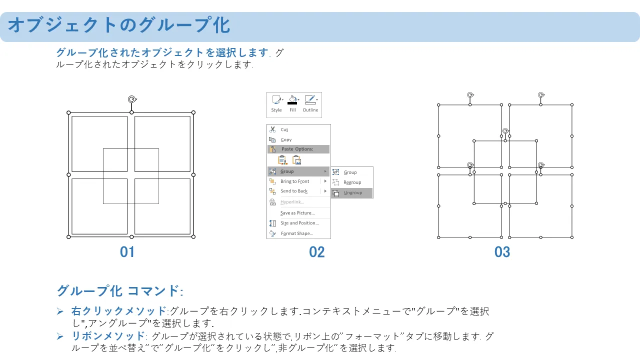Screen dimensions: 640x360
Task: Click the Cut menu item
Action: coord(284,129)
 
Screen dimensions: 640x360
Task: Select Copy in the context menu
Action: coord(286,139)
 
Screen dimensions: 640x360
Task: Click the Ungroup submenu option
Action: coord(352,193)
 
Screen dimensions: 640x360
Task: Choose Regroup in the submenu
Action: coord(352,182)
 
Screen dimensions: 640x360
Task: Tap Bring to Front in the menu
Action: coord(294,181)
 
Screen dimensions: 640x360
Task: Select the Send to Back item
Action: coord(293,191)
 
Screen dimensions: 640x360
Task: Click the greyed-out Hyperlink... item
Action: coord(292,202)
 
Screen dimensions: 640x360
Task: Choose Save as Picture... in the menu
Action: coord(297,213)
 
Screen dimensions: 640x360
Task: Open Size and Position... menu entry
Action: coord(299,223)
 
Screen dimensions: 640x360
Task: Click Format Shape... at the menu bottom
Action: coord(297,233)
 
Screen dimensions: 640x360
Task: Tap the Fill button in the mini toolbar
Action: coord(292,103)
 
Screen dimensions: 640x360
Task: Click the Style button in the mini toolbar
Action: coord(276,103)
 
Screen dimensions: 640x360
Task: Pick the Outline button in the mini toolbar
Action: coord(310,103)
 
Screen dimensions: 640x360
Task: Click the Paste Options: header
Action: coord(297,149)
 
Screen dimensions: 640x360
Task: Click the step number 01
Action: coord(127,252)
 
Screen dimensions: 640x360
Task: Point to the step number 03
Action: coord(502,252)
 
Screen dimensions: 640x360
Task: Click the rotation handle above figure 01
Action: coord(132,99)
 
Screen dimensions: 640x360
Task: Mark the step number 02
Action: coord(317,252)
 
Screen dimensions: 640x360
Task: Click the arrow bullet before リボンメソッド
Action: coord(60,336)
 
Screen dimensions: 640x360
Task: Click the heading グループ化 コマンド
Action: coord(119,291)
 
